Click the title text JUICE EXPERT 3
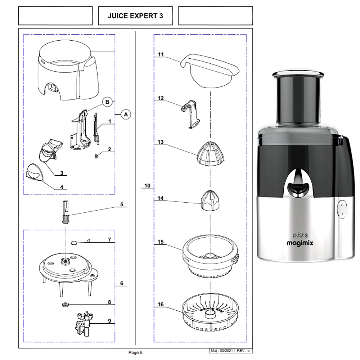pos(135,16)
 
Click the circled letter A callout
pos(126,114)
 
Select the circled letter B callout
pos(107,102)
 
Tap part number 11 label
pos(161,54)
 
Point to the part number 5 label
pos(122,204)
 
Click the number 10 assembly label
pos(147,186)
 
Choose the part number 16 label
pos(161,305)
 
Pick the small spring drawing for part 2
pos(96,156)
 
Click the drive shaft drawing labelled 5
pos(66,212)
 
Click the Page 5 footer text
pos(135,353)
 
